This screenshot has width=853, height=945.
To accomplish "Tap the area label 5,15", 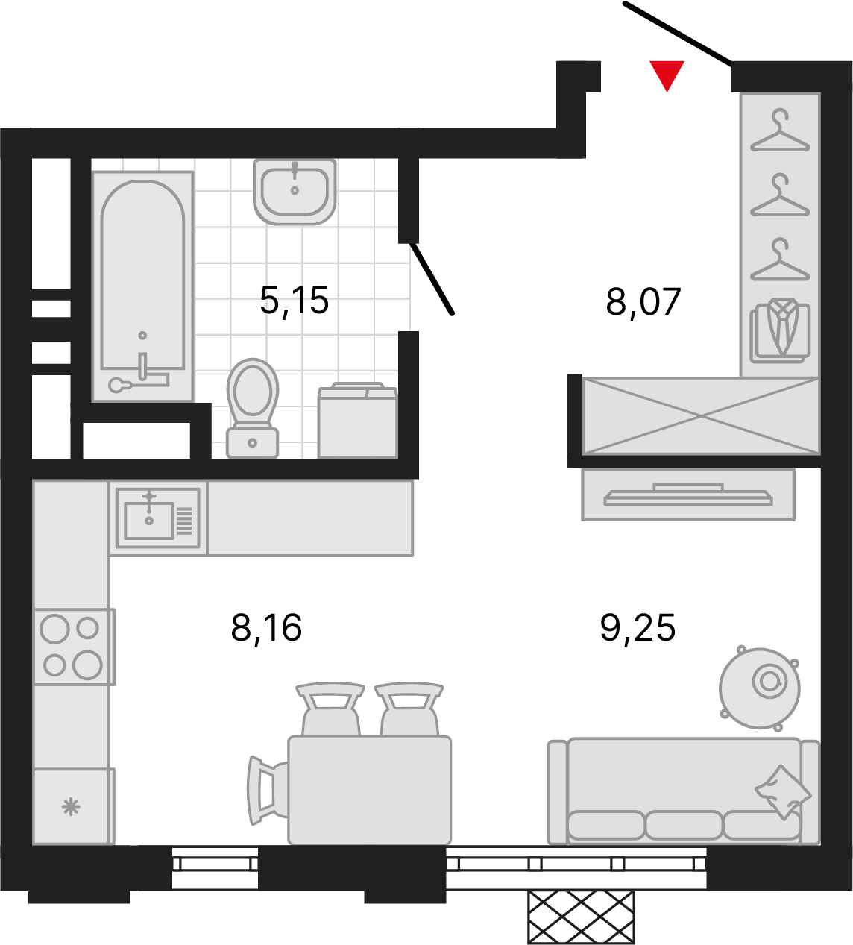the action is (x=295, y=301).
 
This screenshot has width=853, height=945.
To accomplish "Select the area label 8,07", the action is (x=643, y=302).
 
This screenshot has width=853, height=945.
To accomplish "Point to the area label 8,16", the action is (x=266, y=628).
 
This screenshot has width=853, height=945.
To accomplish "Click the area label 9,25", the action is (x=638, y=628).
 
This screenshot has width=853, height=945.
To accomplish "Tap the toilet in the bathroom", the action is (x=253, y=408).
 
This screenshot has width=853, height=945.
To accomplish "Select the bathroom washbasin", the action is (x=295, y=191).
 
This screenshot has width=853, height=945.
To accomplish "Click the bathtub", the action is (x=143, y=286).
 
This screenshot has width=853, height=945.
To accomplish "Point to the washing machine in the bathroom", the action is (x=357, y=420).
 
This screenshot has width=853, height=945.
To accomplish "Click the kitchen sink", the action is (x=158, y=518).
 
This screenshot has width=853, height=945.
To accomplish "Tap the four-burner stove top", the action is (x=74, y=647).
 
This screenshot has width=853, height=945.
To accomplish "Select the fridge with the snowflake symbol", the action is (x=74, y=806).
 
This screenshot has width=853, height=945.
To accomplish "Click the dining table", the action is (x=370, y=791).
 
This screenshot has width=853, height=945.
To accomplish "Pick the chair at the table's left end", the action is (x=267, y=791).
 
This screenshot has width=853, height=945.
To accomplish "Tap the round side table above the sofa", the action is (x=760, y=688).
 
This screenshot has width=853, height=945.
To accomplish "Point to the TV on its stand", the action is (x=688, y=495).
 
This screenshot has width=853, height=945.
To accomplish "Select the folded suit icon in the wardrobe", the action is (x=780, y=330).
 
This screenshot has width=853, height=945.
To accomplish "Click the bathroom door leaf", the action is (x=432, y=278).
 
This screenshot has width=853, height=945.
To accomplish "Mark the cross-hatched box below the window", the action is (x=582, y=917).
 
